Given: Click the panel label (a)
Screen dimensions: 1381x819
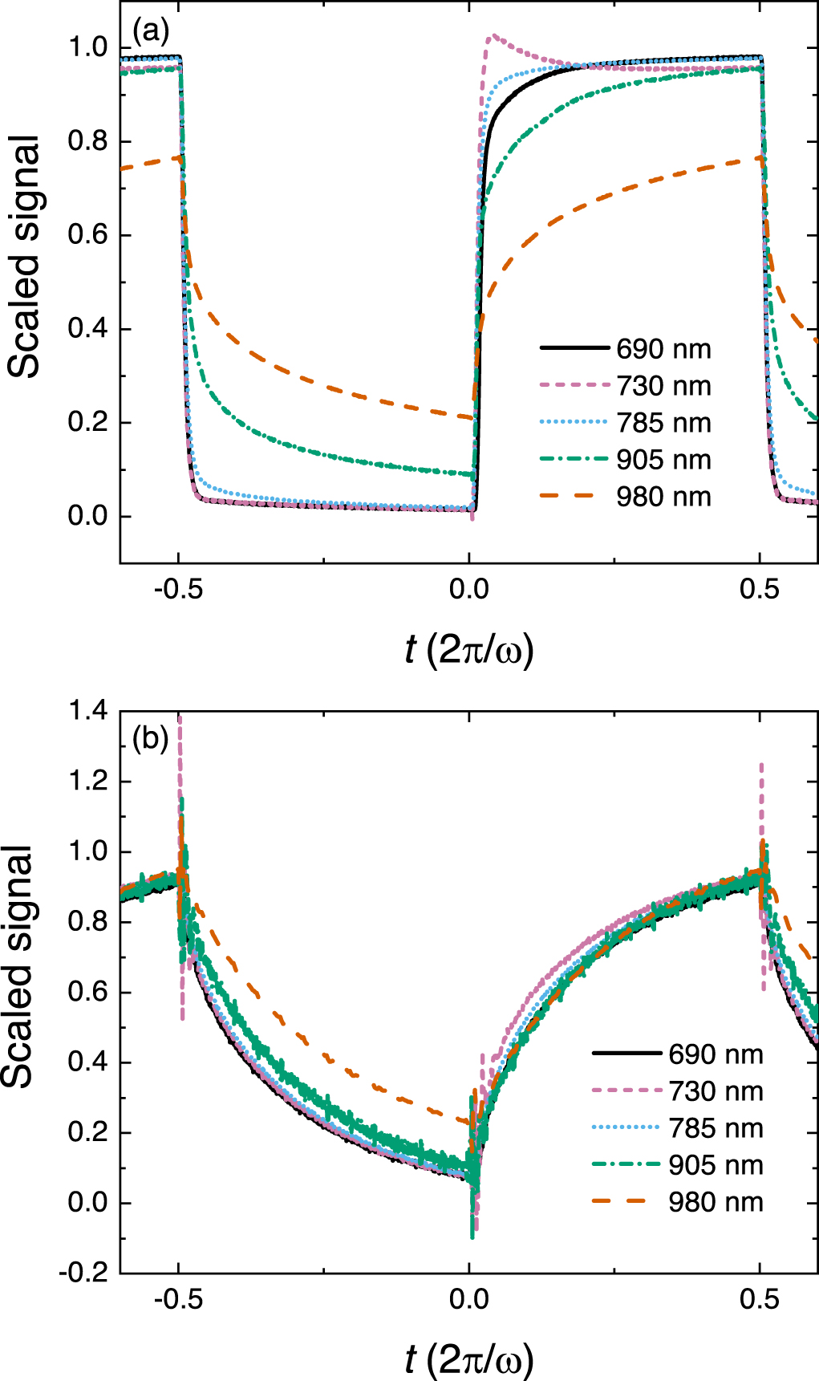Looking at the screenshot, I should [x=151, y=32].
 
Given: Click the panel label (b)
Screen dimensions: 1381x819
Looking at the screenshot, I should [x=151, y=737].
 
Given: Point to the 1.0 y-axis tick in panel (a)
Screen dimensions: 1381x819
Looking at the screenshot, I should [x=88, y=48].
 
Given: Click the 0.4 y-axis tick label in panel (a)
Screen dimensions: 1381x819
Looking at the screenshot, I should [x=88, y=329].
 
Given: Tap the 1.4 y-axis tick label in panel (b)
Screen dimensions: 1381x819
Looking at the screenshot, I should [x=88, y=711].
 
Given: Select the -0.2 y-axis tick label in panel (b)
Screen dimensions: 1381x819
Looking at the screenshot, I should [x=83, y=1273].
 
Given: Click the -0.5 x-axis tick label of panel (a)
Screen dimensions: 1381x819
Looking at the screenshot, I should [x=178, y=590].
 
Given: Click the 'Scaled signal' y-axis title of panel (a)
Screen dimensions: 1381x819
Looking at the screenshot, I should [x=24, y=257].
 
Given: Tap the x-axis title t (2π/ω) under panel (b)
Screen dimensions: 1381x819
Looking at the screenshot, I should [x=469, y=1359].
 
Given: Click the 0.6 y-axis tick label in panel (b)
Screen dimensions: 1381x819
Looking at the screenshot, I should [x=88, y=992].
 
